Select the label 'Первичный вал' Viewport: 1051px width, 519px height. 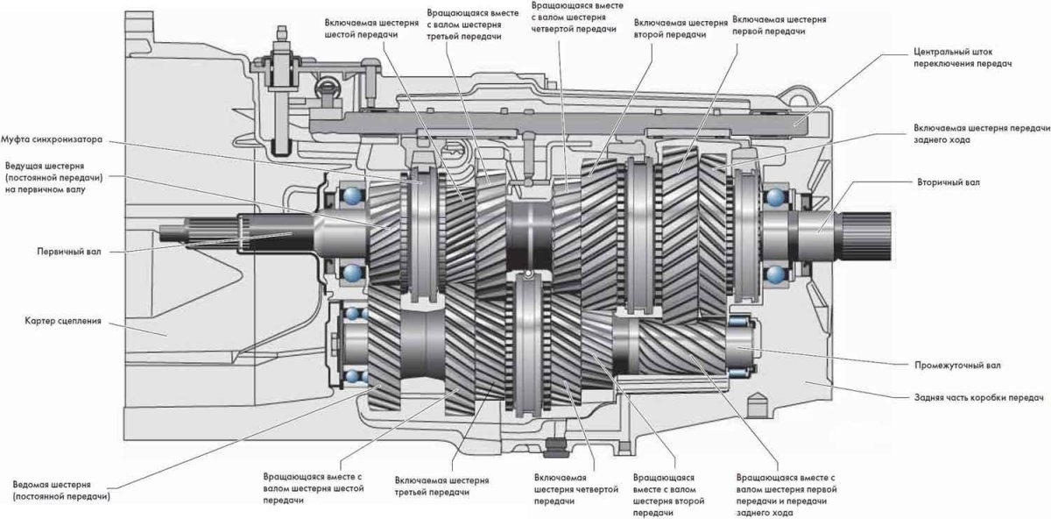[51, 251]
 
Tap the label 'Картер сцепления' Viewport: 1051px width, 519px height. [52, 322]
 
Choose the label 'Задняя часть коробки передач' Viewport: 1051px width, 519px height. [974, 396]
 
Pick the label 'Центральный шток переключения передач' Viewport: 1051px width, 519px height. [957, 58]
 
